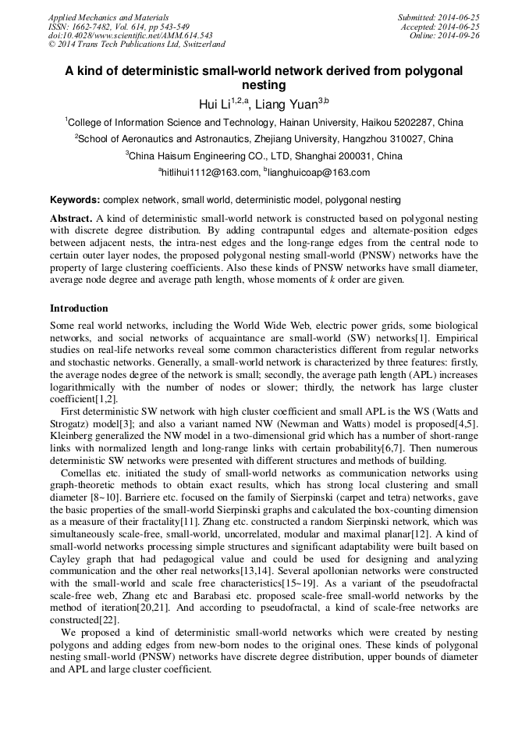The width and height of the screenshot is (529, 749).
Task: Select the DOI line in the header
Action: (130, 35)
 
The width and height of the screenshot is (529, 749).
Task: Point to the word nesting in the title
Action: (264, 84)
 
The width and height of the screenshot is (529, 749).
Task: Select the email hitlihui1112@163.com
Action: (208, 173)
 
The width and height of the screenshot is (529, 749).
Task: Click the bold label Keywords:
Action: (75, 200)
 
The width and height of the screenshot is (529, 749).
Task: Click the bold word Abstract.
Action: (71, 218)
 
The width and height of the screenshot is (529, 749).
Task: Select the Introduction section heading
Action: (79, 309)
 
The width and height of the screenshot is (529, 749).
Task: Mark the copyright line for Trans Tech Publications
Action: (137, 45)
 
